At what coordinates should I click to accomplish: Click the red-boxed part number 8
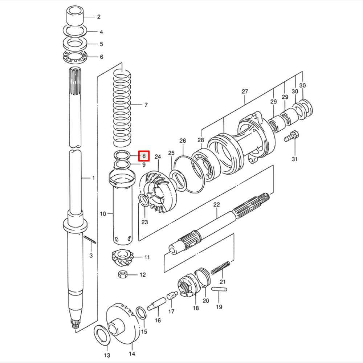point(144,156)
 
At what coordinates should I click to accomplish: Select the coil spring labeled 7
point(122,105)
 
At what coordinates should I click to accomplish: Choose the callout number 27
point(244,91)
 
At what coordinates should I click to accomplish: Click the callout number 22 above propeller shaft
point(217,205)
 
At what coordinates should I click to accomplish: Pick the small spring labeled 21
point(221,268)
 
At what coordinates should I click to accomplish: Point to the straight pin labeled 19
point(219,289)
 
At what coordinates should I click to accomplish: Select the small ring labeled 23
point(143,200)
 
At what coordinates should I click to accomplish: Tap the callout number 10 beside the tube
point(103,214)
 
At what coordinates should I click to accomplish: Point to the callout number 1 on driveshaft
point(93,178)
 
